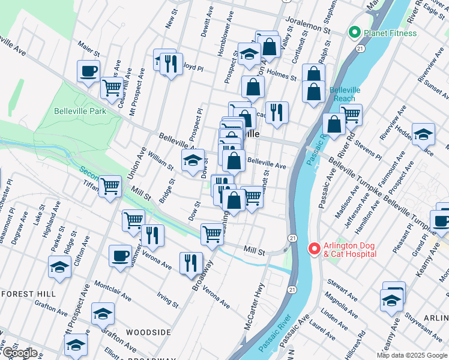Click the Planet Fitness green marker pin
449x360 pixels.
[354, 33]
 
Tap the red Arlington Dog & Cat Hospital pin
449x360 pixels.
[313, 248]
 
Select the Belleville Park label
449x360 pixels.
[80, 111]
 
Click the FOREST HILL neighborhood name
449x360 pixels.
[28, 294]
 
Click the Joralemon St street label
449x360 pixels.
[309, 24]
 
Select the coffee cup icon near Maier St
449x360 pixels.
[88, 71]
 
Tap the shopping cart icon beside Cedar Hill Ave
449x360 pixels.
[112, 88]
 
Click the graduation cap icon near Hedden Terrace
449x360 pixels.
[423, 136]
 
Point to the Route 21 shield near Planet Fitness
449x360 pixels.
[360, 48]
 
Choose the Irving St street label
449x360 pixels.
[167, 300]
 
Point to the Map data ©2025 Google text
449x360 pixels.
[411, 355]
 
